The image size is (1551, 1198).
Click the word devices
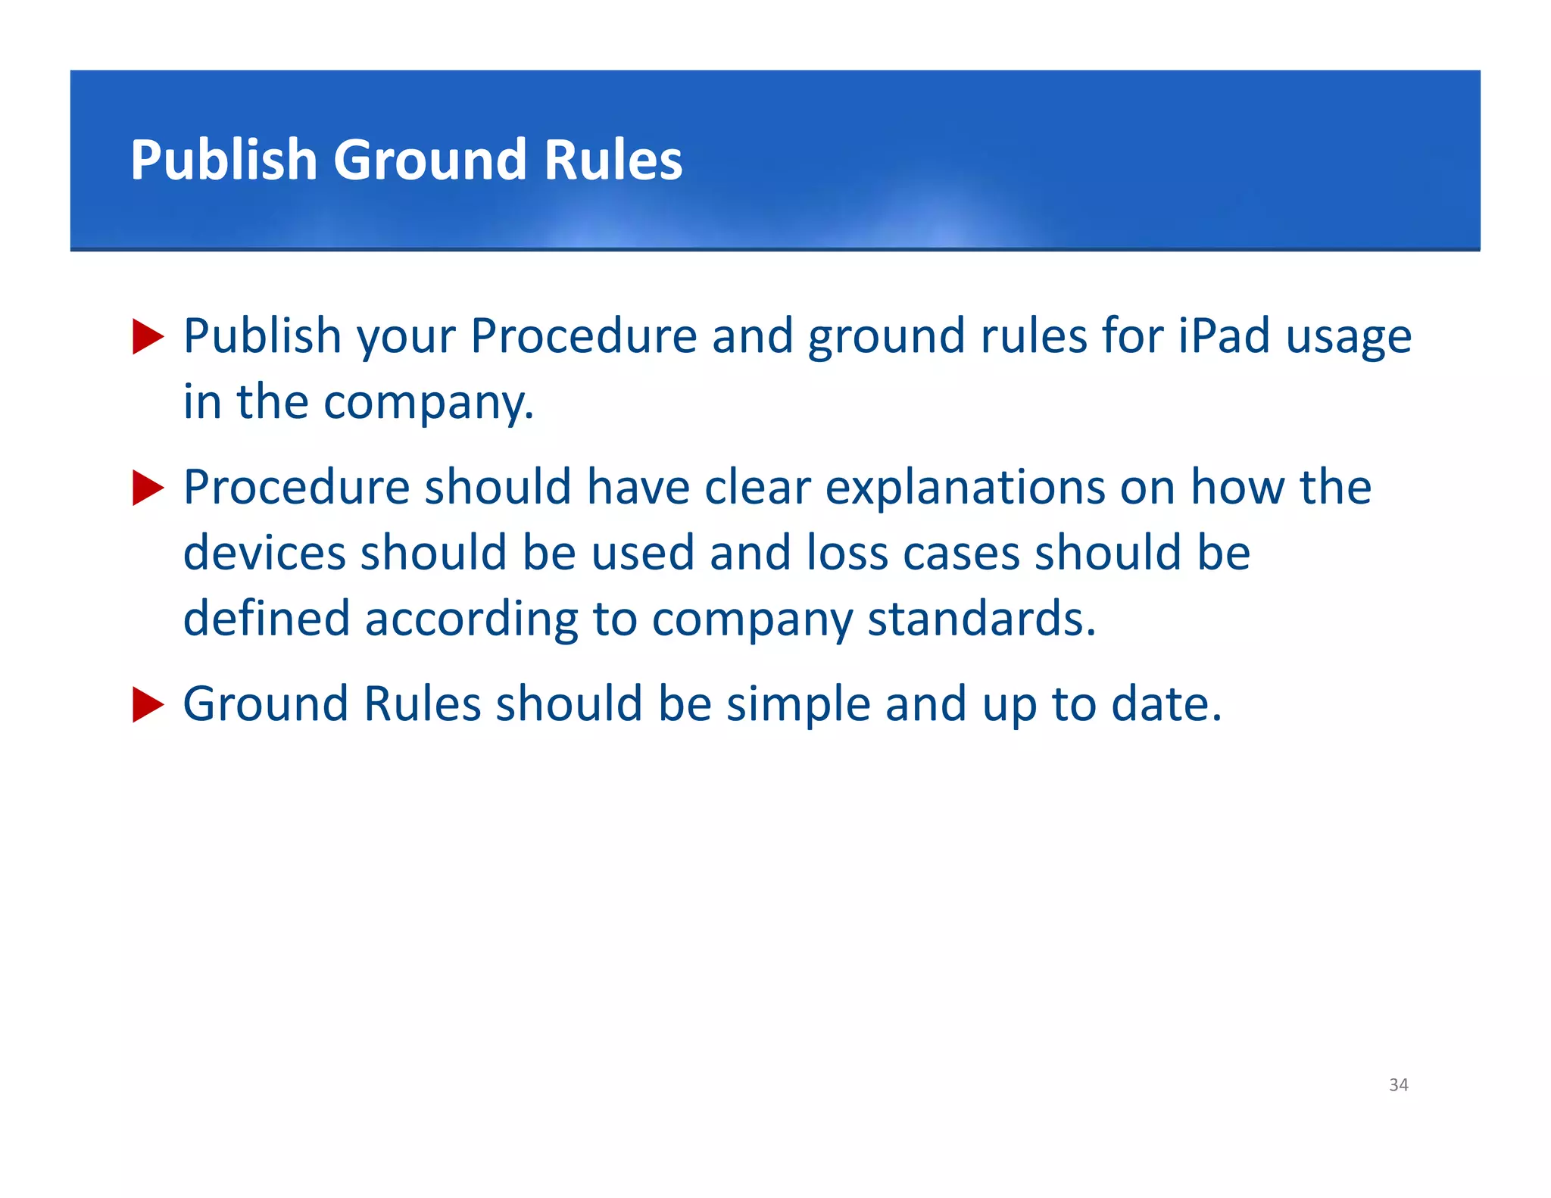point(264,552)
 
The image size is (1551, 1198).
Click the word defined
point(267,618)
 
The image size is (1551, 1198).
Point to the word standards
point(981,618)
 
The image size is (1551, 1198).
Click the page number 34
point(1398,1084)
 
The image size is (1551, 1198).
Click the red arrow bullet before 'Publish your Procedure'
point(148,336)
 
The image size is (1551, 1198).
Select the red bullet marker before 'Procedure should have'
point(148,488)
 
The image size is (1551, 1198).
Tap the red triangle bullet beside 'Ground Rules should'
point(148,704)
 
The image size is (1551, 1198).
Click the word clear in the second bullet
point(757,487)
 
